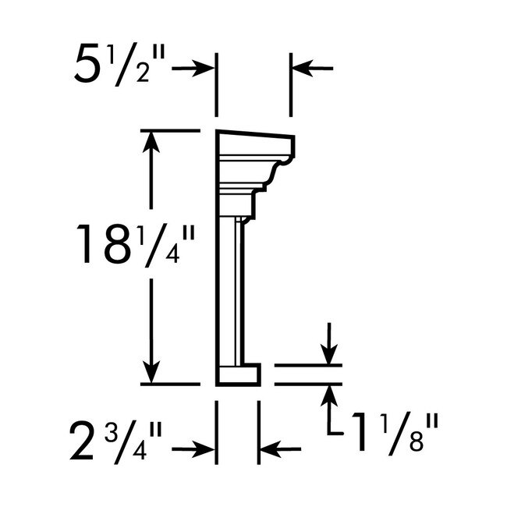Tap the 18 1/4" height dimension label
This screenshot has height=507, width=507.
133,243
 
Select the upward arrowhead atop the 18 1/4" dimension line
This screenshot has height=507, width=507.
153,140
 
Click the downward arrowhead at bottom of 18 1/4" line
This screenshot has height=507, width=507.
153,374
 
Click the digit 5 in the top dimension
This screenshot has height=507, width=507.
87,69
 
